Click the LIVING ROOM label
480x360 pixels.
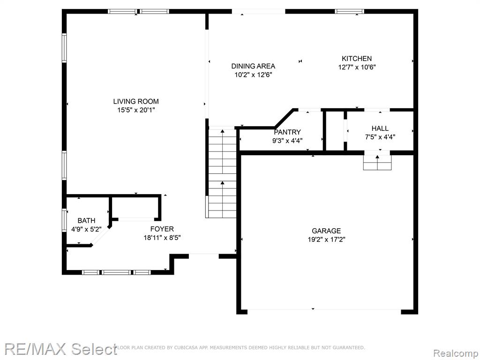point(136,101)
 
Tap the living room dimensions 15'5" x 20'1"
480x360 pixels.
point(136,110)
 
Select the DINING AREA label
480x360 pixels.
point(253,66)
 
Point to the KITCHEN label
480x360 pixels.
point(357,59)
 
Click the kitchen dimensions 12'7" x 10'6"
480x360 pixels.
point(357,67)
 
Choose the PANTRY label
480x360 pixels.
point(287,132)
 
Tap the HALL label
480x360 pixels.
point(380,128)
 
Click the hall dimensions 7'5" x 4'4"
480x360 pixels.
point(380,137)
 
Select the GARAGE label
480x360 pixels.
point(326,231)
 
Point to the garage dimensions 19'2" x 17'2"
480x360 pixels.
point(326,240)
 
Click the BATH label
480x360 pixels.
point(86,220)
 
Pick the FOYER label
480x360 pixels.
point(162,229)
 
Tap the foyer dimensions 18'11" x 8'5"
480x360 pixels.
point(162,238)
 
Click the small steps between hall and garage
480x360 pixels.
point(377,162)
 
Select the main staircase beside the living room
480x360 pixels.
point(222,173)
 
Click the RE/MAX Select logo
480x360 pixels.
point(61,349)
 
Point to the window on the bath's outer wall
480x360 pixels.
point(64,220)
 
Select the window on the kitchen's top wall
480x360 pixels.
point(349,12)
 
